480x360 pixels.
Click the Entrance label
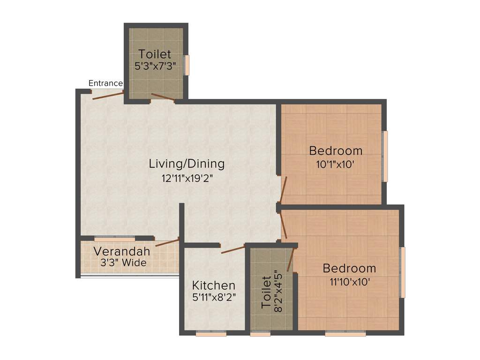coord(105,83)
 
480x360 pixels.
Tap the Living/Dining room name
coord(187,164)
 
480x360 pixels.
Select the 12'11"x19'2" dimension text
coord(187,178)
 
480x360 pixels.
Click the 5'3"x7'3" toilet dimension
coord(155,66)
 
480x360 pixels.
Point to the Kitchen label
coord(214,285)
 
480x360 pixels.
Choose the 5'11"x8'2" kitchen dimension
coord(214,297)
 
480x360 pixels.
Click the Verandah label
coord(122,251)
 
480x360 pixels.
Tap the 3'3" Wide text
coord(123,263)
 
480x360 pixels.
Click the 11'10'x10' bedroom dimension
coord(349,282)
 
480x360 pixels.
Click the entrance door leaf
coord(108,96)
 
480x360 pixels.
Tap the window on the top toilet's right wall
coord(187,65)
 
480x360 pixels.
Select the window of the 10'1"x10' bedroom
coord(385,156)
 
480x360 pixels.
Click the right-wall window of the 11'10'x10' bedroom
coord(402,272)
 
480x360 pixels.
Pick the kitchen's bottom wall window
coord(211,334)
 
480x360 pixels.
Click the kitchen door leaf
coord(233,248)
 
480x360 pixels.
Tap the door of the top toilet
coord(163,97)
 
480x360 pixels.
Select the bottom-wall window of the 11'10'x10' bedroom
coord(345,334)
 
